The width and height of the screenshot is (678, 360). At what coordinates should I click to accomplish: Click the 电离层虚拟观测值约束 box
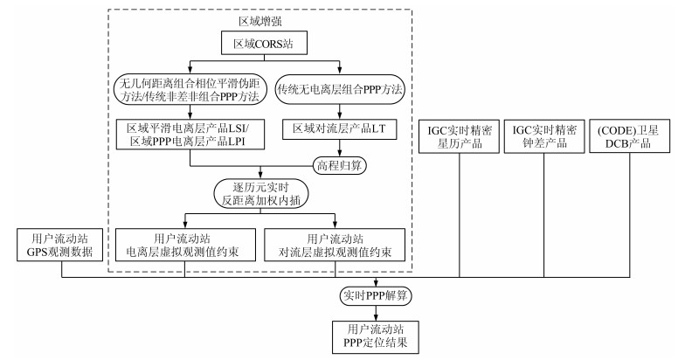pyautogui.click(x=185, y=246)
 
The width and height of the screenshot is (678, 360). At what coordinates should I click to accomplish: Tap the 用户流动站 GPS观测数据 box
pyautogui.click(x=62, y=246)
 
